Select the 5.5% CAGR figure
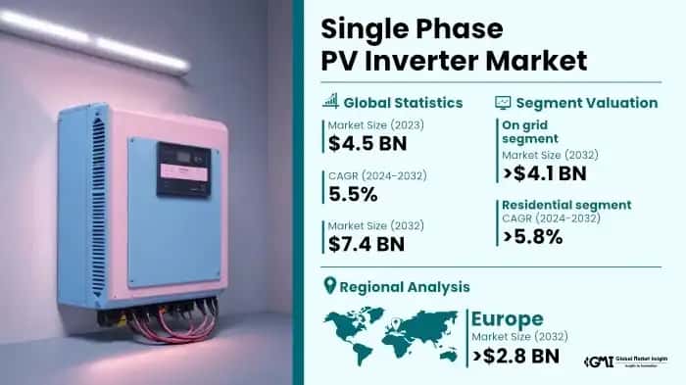click(x=354, y=193)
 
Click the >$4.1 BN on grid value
click(x=544, y=173)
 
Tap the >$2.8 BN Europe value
click(x=515, y=356)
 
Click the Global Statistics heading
click(x=403, y=101)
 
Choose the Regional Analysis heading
click(x=411, y=287)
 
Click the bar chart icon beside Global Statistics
click(x=331, y=101)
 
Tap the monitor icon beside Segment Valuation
click(x=503, y=101)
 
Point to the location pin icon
click(x=330, y=287)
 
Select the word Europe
click(x=507, y=319)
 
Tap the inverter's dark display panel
click(x=184, y=168)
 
